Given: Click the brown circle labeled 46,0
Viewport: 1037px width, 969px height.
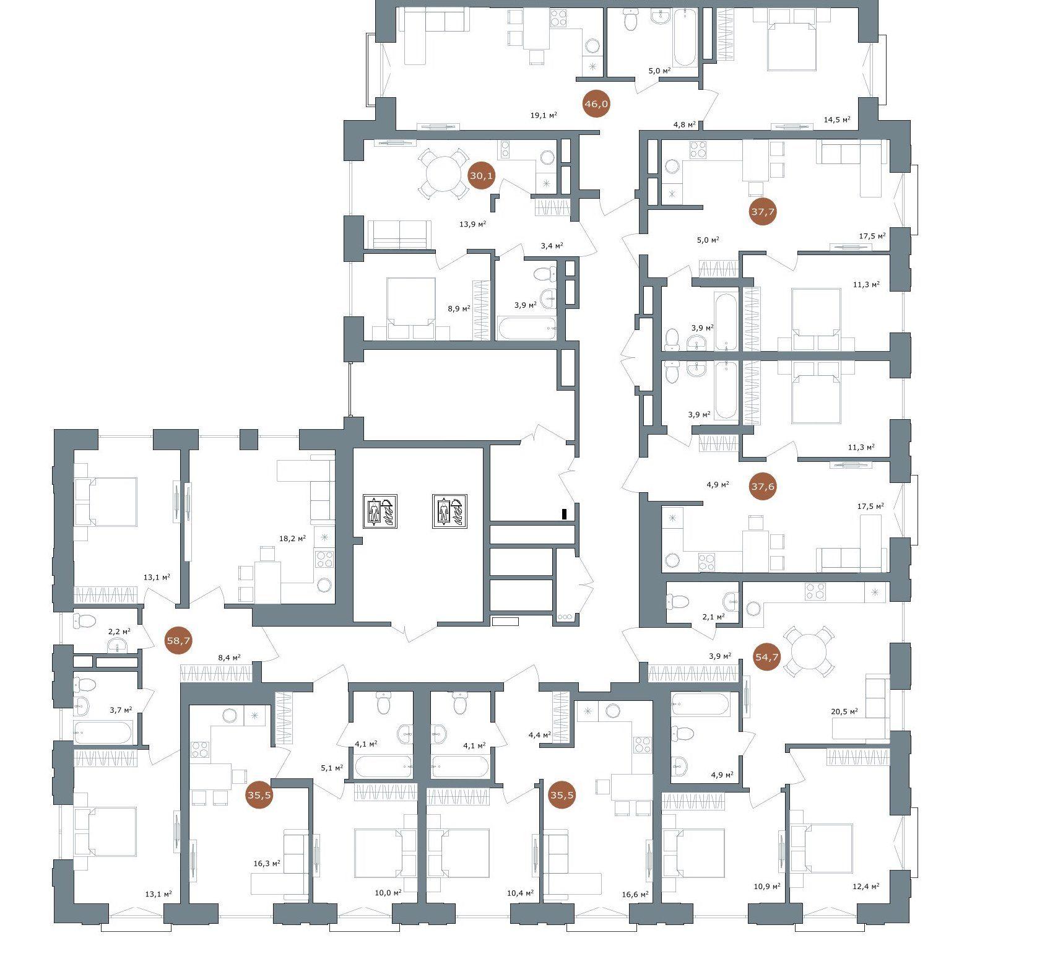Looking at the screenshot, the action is pyautogui.click(x=596, y=104).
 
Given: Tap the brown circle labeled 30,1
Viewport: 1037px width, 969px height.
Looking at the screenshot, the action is pyautogui.click(x=482, y=176).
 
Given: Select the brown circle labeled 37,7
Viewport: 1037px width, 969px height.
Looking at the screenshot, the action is pyautogui.click(x=763, y=212).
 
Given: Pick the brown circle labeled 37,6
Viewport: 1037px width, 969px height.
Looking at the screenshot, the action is pyautogui.click(x=763, y=487).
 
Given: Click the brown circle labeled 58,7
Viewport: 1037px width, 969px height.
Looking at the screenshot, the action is pyautogui.click(x=178, y=641).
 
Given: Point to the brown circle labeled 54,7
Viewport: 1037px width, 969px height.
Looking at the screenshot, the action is pyautogui.click(x=767, y=657).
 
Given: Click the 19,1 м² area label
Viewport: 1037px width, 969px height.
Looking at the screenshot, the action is pyautogui.click(x=544, y=115).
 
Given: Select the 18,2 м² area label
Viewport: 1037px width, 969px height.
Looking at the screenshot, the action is pyautogui.click(x=293, y=539).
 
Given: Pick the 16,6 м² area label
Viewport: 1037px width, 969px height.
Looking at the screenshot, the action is pyautogui.click(x=635, y=894).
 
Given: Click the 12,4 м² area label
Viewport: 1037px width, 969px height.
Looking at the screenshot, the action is pyautogui.click(x=866, y=887).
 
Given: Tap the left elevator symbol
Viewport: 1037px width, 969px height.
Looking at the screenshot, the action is pyautogui.click(x=380, y=511).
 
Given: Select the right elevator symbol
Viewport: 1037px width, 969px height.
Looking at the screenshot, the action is pyautogui.click(x=449, y=511).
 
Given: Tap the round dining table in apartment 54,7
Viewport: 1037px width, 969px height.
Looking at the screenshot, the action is pyautogui.click(x=809, y=651).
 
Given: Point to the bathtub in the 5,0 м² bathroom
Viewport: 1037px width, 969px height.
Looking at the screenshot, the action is pyautogui.click(x=685, y=37).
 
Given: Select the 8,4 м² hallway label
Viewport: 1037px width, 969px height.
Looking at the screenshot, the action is pyautogui.click(x=229, y=658).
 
